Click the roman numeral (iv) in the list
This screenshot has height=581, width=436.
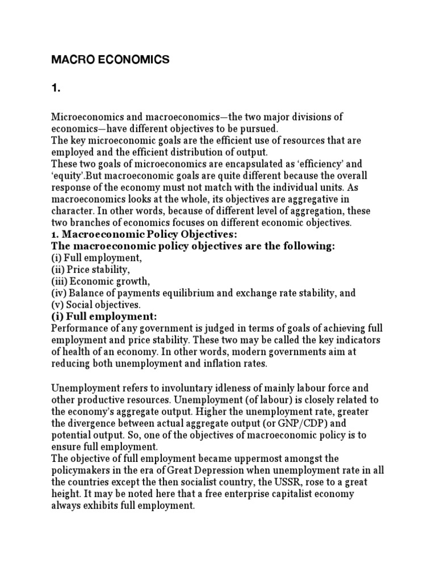tap(59, 293)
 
